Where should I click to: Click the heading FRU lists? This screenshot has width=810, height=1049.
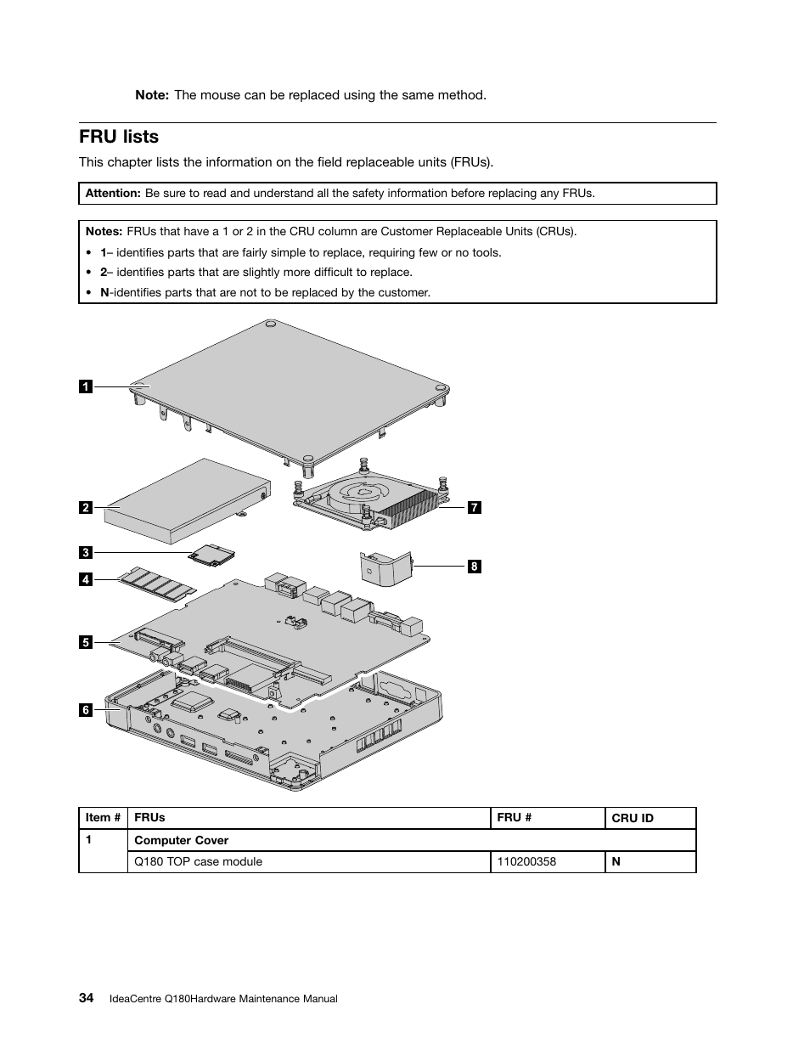[119, 137]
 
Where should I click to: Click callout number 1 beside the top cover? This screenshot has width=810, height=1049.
[85, 387]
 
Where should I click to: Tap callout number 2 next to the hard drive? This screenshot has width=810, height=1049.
[85, 508]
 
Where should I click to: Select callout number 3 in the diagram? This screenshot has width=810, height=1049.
[85, 553]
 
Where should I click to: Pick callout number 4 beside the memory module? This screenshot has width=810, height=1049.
[85, 580]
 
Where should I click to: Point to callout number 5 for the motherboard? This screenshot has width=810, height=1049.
[85, 642]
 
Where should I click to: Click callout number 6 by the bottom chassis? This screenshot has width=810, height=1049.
[85, 709]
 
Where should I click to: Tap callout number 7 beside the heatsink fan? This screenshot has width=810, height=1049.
[475, 508]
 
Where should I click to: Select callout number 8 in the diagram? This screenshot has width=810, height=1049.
[474, 567]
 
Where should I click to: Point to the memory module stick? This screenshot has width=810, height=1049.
[157, 584]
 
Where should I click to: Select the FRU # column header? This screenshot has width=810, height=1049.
[515, 817]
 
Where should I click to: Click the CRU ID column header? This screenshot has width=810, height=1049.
[633, 818]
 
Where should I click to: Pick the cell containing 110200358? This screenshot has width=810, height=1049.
[526, 861]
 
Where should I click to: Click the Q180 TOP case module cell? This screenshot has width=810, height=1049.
[199, 861]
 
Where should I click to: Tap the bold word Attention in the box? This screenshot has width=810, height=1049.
[113, 193]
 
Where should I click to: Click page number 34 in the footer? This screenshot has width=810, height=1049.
[86, 998]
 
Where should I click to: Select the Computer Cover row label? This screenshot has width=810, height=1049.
[182, 840]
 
